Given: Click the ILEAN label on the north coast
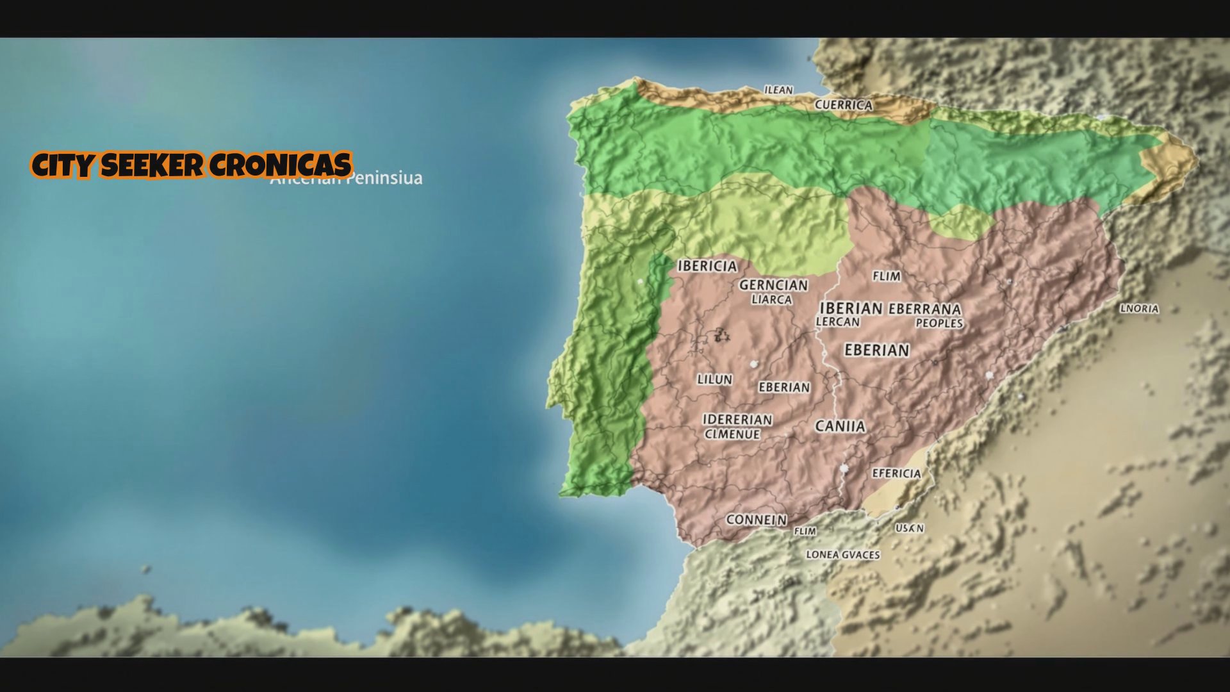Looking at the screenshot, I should tap(778, 90).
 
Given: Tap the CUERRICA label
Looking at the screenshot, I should tap(843, 105).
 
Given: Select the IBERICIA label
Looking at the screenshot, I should tap(707, 266).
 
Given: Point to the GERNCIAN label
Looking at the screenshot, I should tap(773, 285).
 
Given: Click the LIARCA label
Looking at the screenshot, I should tap(771, 300).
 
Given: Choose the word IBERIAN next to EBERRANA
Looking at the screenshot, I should tap(851, 309).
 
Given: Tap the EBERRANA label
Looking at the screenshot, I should tap(924, 309).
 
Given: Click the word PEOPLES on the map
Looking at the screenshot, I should tap(939, 324).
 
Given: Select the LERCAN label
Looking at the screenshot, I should tap(837, 322).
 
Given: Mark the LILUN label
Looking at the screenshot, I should tap(714, 379).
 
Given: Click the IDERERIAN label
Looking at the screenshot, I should tap(737, 420).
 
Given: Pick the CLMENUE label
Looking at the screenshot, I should tap(732, 434).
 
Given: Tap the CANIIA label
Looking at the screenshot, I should tap(840, 426).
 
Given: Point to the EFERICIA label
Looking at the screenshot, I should tap(896, 474).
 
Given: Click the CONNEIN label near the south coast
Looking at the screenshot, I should tap(756, 520).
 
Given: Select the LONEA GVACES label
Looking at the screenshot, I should tap(842, 555).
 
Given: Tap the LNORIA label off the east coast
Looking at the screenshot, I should tap(1139, 309).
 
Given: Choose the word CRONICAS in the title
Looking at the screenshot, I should tap(280, 165).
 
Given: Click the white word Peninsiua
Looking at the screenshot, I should tap(384, 179).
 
